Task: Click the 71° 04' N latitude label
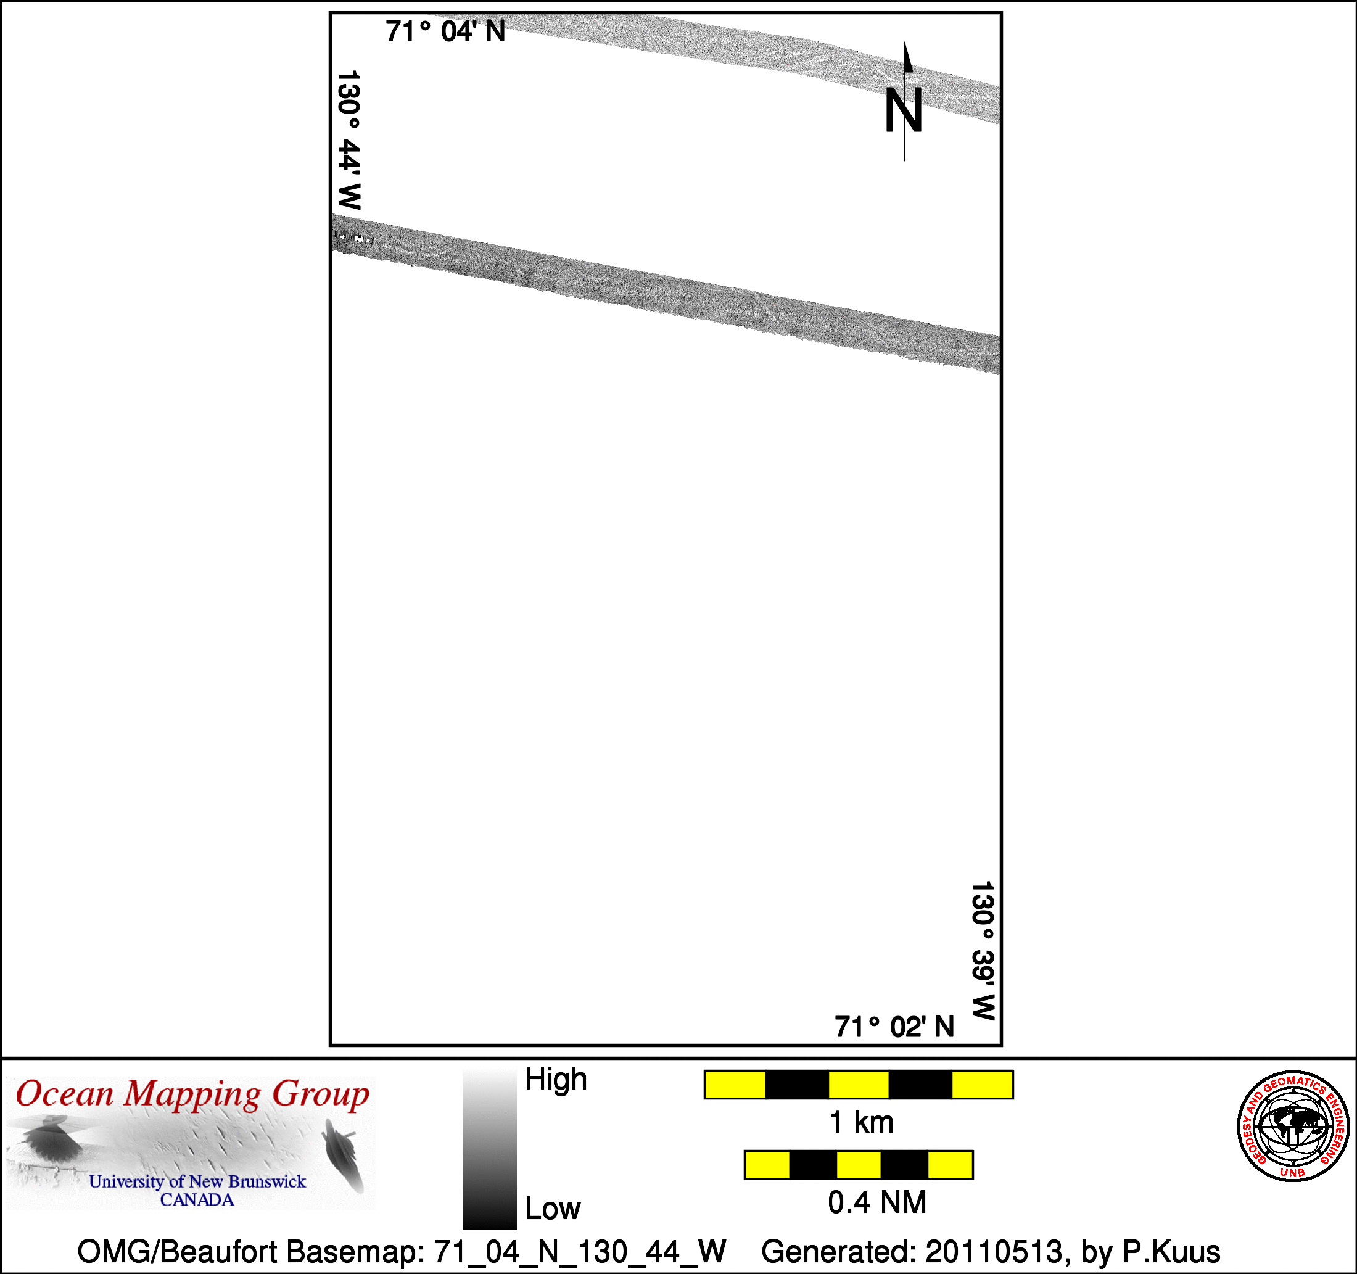click(x=445, y=31)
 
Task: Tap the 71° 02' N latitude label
click(x=894, y=1027)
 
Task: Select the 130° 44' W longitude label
click(x=349, y=140)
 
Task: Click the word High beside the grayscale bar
click(x=556, y=1080)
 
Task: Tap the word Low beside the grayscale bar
click(x=552, y=1209)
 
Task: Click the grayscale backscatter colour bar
click(x=489, y=1150)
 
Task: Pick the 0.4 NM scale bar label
click(x=877, y=1202)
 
